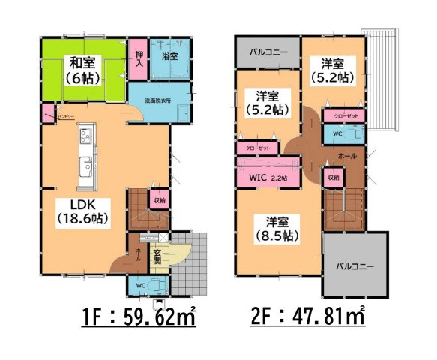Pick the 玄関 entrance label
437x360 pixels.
pos(157,258)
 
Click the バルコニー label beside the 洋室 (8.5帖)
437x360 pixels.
pos(355,266)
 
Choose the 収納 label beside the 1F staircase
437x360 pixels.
pos(159,199)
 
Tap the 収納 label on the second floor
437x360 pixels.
pos(333,178)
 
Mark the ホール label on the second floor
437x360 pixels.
pos(348,156)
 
